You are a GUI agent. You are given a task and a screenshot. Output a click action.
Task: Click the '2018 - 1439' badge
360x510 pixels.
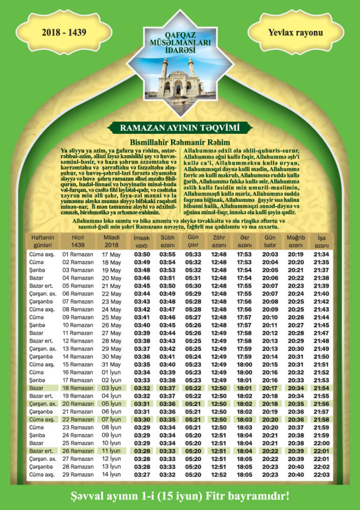pos(64,33)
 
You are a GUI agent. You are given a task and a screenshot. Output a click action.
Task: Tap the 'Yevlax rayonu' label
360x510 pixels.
pos(295,33)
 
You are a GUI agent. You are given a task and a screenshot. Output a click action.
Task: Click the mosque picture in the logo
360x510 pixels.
pos(180,78)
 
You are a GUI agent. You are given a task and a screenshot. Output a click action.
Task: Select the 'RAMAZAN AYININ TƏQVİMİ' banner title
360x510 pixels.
pos(180,128)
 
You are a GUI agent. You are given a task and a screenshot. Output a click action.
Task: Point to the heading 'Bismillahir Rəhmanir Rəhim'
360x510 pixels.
pos(180,142)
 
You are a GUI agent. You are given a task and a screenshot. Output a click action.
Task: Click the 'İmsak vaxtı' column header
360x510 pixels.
pos(142,241)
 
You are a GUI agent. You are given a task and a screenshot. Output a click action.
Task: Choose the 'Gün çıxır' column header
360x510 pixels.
pos(193,241)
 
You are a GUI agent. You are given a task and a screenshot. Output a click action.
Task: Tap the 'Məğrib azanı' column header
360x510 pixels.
pos(296,241)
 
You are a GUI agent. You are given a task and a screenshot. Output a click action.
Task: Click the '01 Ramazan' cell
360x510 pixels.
pos(78,255)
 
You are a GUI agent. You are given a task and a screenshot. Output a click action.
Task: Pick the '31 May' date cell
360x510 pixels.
pos(112,365)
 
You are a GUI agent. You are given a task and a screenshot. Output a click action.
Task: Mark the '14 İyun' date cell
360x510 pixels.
pos(112,475)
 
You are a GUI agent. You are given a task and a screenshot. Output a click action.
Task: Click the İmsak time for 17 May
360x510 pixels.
pos(142,255)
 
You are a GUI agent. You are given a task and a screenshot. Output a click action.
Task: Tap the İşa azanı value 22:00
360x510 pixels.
pos(322,443)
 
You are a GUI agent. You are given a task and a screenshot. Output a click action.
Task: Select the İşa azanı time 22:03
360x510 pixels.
pos(322,475)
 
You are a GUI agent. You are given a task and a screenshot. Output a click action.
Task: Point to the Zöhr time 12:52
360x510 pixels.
pos(219,475)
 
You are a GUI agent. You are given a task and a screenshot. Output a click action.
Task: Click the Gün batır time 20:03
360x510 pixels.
pos(270,255)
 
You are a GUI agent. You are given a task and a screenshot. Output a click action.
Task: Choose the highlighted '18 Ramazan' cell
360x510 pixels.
pos(78,388)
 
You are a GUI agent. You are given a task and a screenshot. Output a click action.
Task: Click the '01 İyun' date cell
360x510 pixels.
pos(112,373)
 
